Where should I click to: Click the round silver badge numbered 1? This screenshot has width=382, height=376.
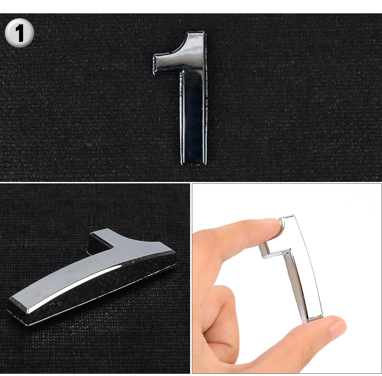click(x=20, y=32)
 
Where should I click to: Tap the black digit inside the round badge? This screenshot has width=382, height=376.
click(x=20, y=33)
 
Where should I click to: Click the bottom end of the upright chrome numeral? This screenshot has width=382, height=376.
click(x=194, y=163)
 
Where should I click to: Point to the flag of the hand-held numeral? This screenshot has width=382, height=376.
click(x=271, y=251)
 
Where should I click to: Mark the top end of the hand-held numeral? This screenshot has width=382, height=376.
click(x=287, y=217)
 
